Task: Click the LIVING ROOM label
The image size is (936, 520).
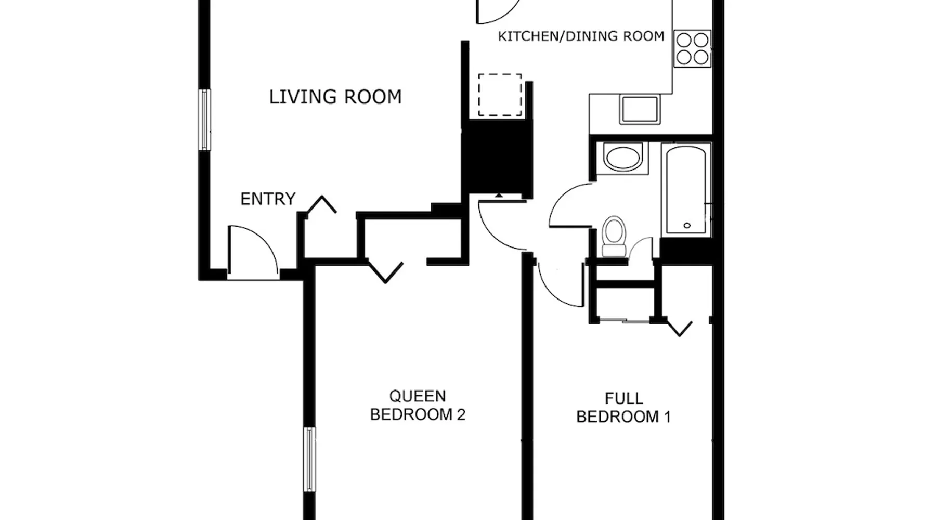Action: (x=335, y=97)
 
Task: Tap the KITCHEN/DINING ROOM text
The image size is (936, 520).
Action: (x=581, y=36)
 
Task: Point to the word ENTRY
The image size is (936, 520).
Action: (x=268, y=199)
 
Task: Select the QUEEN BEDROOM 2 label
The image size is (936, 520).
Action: (x=418, y=406)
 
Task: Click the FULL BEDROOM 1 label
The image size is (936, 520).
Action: (x=623, y=408)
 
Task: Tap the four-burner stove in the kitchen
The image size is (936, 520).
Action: (x=692, y=48)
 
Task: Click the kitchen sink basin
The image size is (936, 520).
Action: (x=640, y=110)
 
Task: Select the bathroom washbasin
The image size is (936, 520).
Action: (x=623, y=158)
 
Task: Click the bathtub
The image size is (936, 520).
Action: (x=686, y=189)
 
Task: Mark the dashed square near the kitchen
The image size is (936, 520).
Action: (x=500, y=95)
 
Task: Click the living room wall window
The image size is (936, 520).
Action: (x=206, y=120)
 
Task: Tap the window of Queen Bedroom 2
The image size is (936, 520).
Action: (x=309, y=460)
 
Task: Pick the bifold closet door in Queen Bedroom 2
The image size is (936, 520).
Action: (x=385, y=271)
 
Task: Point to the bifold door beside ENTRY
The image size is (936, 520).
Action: (x=321, y=204)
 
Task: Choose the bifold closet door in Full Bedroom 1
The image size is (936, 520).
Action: (x=679, y=328)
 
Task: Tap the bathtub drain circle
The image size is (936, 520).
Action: (x=687, y=226)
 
